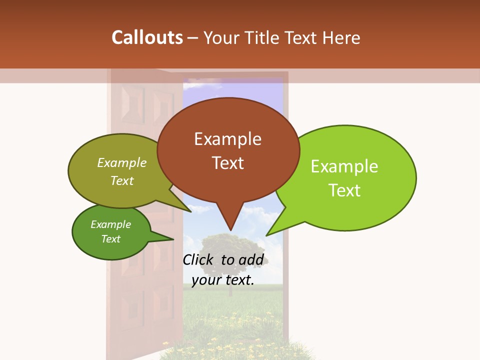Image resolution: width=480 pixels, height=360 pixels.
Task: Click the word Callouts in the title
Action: (147, 37)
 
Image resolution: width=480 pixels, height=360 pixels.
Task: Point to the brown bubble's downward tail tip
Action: (230, 230)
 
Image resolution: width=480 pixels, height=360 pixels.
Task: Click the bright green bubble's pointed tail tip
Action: (266, 235)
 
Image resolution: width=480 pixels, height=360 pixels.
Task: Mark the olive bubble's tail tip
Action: (191, 211)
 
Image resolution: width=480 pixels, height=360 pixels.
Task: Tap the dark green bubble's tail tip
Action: (173, 239)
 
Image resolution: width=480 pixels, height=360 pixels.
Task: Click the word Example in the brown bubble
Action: (227, 139)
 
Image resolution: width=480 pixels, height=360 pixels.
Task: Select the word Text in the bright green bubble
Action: (345, 190)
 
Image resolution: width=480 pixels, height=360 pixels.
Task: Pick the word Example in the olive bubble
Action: (122, 162)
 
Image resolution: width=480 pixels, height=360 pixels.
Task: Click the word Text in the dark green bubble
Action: (111, 239)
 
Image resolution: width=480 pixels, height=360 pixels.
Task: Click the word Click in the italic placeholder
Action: (197, 259)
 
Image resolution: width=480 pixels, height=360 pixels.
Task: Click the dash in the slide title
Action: (193, 38)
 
